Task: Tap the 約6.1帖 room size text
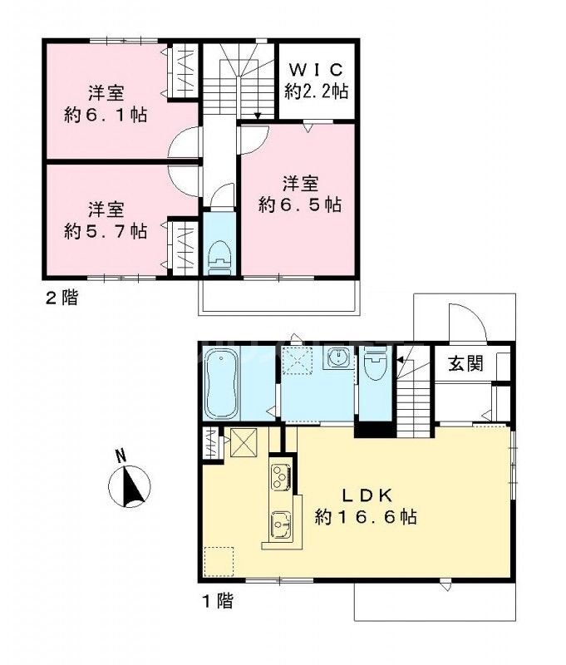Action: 106,115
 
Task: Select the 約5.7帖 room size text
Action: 106,230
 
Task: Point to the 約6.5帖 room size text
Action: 300,204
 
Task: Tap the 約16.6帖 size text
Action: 366,517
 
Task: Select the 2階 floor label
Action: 61,298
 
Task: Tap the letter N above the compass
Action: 121,455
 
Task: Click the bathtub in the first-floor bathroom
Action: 222,385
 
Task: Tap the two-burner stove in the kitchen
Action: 278,477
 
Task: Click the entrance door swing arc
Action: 462,320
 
